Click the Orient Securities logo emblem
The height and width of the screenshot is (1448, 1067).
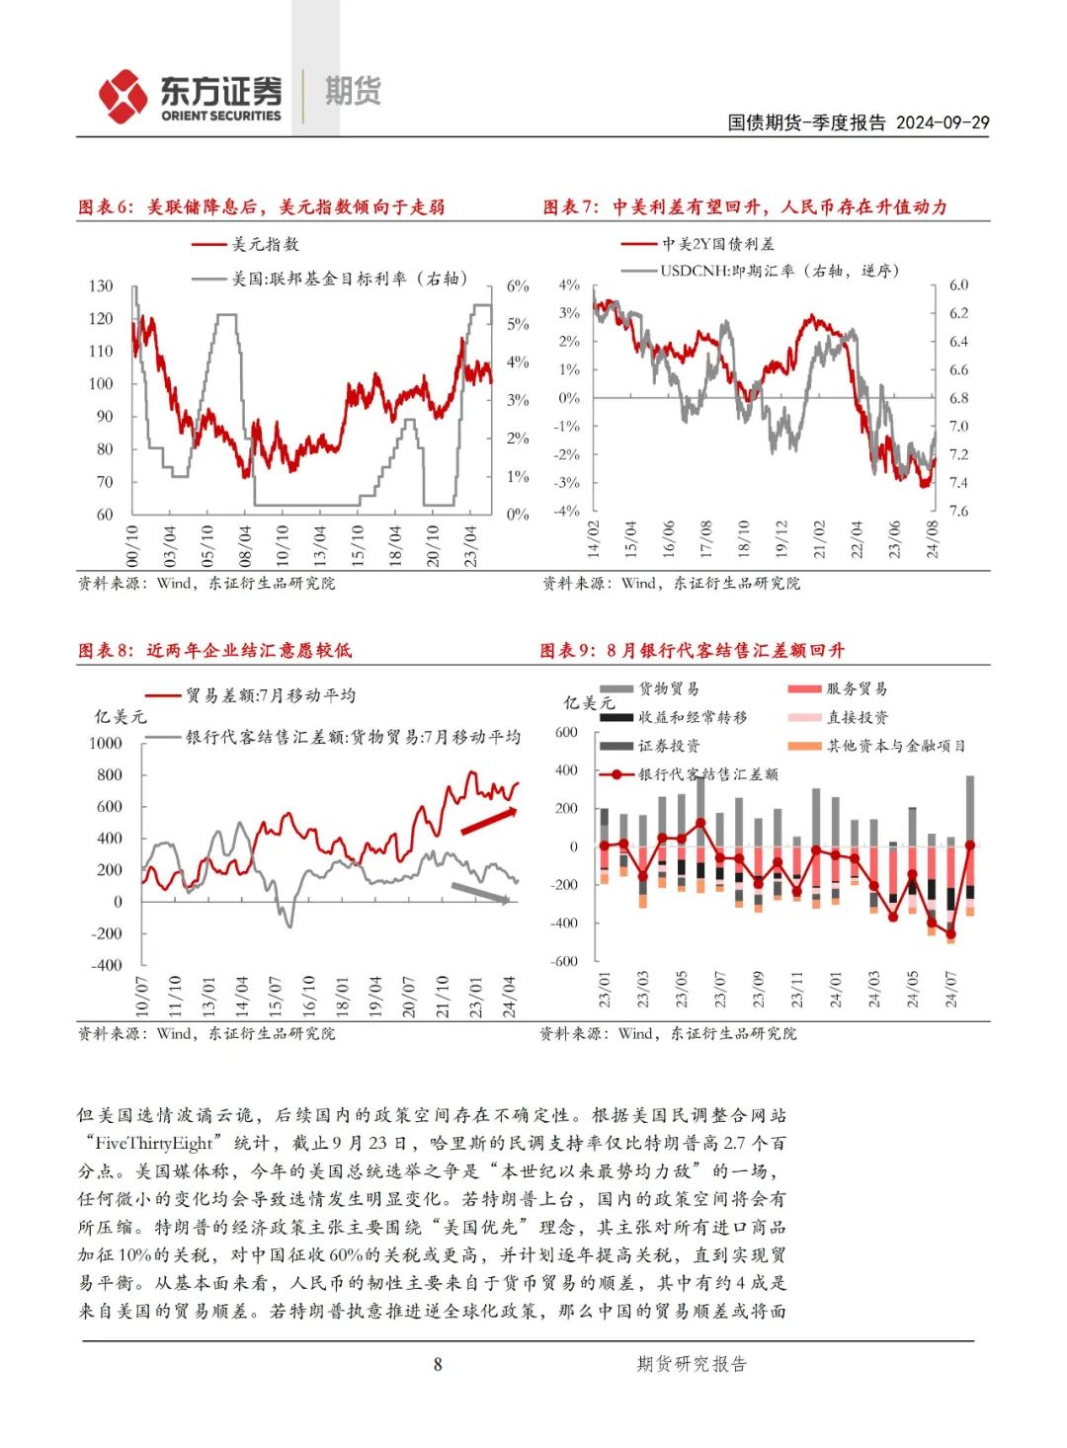pos(123,96)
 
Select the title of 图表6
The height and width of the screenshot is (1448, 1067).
pos(261,206)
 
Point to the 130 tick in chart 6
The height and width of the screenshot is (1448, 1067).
pos(101,285)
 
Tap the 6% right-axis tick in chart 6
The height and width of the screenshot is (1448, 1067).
pos(518,285)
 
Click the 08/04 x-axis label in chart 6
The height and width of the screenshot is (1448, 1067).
pos(245,544)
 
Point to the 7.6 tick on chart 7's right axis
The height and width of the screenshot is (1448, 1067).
pos(958,511)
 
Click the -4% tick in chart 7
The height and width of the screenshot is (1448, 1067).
pos(566,511)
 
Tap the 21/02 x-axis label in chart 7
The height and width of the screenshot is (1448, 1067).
pos(819,539)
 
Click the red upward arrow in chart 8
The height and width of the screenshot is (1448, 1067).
pos(488,820)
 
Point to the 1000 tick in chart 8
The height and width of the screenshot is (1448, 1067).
pos(106,743)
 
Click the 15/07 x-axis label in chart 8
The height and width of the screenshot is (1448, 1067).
pos(276,996)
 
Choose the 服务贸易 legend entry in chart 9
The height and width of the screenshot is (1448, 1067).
pos(856,688)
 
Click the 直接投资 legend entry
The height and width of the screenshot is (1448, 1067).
pos(856,717)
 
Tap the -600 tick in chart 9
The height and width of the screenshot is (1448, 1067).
pos(564,961)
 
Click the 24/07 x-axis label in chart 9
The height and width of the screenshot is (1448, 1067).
pos(951,988)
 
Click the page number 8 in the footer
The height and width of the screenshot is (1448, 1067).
pos(438,1364)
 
